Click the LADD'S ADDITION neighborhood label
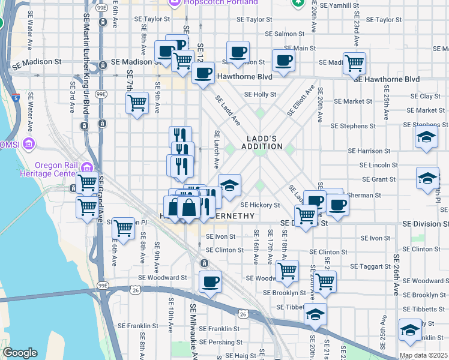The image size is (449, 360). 262,142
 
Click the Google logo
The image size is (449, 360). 20,353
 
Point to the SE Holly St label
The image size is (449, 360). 260,94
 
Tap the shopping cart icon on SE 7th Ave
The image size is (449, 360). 137,103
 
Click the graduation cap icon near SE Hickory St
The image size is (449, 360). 229,184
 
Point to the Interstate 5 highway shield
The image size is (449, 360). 14,97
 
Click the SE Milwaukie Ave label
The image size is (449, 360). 194,330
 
